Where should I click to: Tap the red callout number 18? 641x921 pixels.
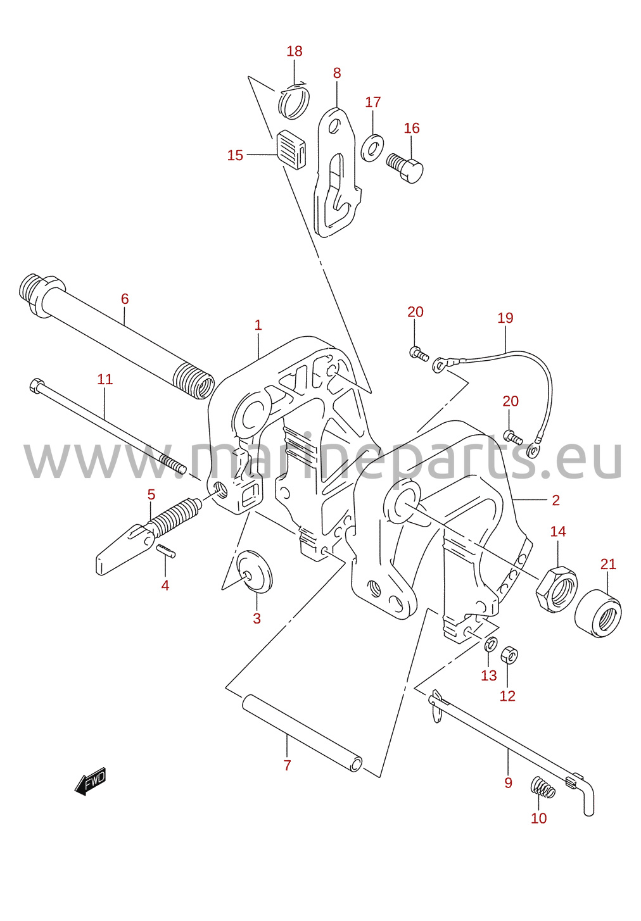(x=294, y=51)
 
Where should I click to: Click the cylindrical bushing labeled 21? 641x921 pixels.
(x=598, y=613)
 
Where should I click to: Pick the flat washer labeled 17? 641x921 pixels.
(x=372, y=147)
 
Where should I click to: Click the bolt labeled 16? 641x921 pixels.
(x=405, y=167)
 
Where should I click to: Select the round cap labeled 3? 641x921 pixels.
(x=255, y=571)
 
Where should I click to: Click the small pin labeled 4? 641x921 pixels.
(x=167, y=551)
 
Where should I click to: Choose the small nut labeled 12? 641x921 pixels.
(x=509, y=655)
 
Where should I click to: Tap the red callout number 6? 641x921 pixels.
(x=125, y=299)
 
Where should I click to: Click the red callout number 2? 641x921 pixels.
(x=555, y=501)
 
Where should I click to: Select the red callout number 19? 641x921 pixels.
(x=505, y=318)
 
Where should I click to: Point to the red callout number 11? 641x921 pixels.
(x=105, y=379)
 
